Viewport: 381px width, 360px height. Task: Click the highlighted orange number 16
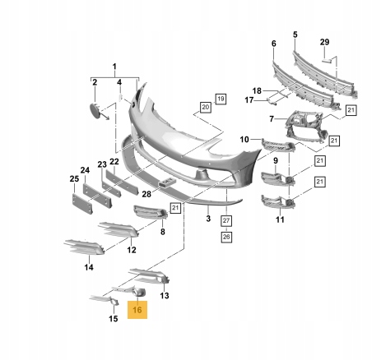[x=137, y=310]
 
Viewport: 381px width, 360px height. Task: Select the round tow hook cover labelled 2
[x=95, y=110]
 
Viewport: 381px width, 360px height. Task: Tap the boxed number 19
[x=221, y=99]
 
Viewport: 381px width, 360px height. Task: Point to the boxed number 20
[x=206, y=107]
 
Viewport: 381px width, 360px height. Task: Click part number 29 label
[x=324, y=42]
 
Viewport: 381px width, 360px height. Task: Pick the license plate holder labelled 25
[x=83, y=204]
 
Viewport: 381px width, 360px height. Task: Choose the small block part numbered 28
[x=166, y=182]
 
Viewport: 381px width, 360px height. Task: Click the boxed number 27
[x=226, y=220]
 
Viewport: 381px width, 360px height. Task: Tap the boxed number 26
[x=226, y=237]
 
